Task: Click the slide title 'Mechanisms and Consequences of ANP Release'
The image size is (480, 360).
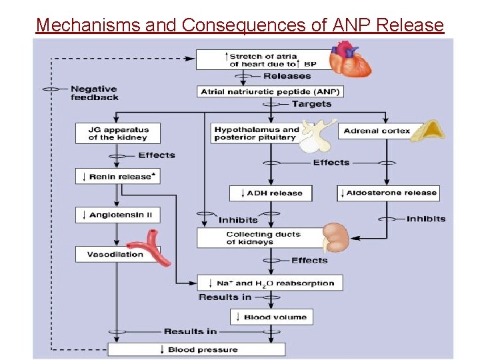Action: coord(239,25)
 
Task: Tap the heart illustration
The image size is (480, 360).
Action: coord(349,59)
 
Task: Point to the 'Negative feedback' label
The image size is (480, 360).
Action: coord(95,93)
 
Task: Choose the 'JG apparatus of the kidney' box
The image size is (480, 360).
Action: coord(119,133)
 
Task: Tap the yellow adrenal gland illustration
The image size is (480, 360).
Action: coord(426,131)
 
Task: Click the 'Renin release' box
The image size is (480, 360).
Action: coord(118,177)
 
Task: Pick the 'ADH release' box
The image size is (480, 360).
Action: coord(270,193)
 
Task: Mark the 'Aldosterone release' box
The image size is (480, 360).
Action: coord(388,193)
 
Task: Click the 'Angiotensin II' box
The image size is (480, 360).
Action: coord(118,215)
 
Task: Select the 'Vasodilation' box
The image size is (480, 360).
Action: coord(115,254)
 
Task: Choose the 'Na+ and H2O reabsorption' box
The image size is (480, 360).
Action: coord(270,283)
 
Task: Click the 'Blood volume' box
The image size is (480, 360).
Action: coord(271,317)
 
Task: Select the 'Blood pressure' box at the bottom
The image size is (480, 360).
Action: coord(197,349)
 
